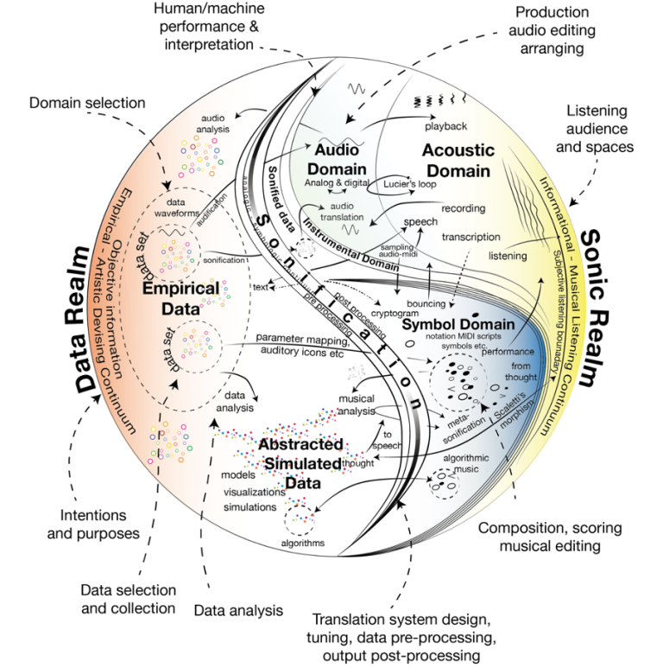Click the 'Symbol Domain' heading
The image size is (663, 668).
point(458,325)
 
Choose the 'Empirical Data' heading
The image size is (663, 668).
point(184,295)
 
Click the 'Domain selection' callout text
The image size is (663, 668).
point(87,103)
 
